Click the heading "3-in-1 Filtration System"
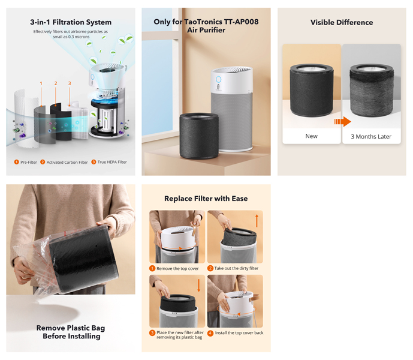click(71, 22)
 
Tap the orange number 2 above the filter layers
click(56, 83)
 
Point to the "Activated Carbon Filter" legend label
click(67, 162)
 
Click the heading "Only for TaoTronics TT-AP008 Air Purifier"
click(206, 25)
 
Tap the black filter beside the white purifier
click(199, 134)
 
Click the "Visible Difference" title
click(342, 22)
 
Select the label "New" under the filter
click(311, 136)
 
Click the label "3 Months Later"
click(371, 136)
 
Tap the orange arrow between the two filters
click(342, 122)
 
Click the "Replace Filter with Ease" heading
click(206, 199)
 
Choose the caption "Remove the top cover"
click(177, 268)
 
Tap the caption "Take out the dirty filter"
click(236, 268)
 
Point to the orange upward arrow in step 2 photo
click(257, 220)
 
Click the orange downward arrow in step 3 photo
click(199, 284)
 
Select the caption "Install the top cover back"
click(239, 332)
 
